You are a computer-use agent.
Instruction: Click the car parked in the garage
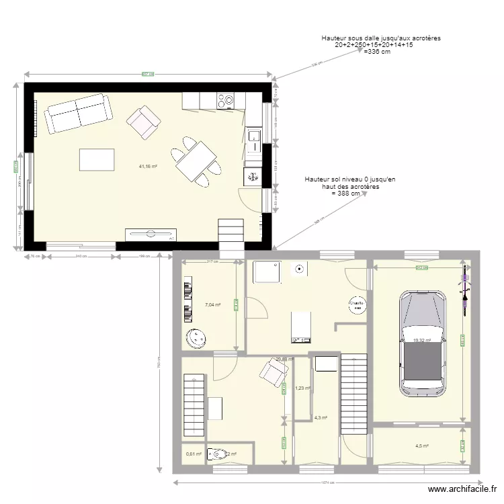click(423, 343)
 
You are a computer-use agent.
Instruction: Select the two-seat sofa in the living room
click(77, 113)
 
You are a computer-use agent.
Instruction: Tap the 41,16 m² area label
click(148, 166)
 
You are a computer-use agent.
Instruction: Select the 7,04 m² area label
click(212, 304)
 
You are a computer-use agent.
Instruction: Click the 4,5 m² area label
click(421, 446)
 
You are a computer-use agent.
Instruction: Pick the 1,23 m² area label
click(303, 388)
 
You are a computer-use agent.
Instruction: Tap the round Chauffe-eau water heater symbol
click(355, 306)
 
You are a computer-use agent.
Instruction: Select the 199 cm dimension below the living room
click(142, 256)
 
